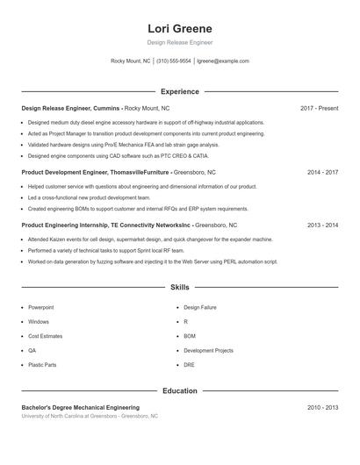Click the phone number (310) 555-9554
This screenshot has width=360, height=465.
(x=174, y=61)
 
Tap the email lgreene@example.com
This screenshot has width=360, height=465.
(x=223, y=61)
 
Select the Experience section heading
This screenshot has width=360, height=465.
(x=179, y=91)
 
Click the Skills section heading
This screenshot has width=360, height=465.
(x=179, y=287)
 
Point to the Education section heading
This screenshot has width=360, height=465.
(x=179, y=390)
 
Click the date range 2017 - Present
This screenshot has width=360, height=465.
(x=319, y=108)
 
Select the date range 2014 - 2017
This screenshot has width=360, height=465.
(x=322, y=173)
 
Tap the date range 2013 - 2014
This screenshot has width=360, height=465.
(x=322, y=225)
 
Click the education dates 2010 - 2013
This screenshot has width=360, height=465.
(x=322, y=407)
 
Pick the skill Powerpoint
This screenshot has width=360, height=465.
(x=40, y=308)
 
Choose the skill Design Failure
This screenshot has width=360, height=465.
(x=200, y=308)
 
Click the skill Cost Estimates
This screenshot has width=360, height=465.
(x=45, y=336)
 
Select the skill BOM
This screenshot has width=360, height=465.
(x=190, y=336)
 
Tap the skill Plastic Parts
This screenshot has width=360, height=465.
(x=42, y=364)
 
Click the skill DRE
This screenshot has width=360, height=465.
(x=189, y=364)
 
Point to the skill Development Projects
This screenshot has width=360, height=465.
(x=208, y=350)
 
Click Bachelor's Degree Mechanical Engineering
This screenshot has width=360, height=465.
(x=80, y=407)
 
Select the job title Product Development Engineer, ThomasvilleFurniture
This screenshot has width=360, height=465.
(x=95, y=173)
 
